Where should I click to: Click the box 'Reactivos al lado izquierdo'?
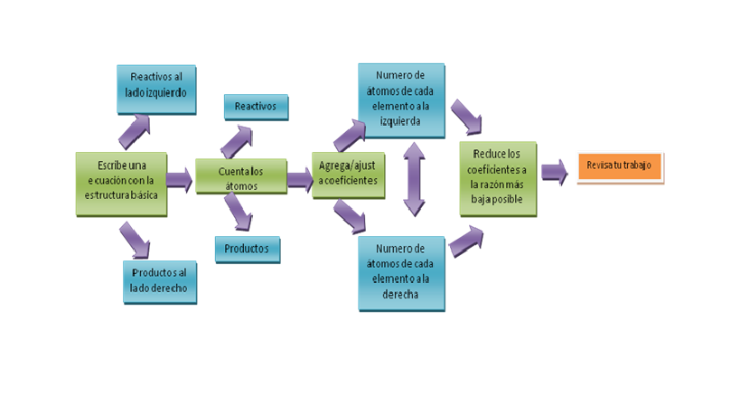click(156, 90)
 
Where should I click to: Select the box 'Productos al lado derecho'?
click(160, 282)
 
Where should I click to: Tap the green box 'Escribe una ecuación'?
click(121, 184)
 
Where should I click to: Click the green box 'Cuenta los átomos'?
click(241, 176)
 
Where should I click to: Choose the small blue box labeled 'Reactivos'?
click(257, 108)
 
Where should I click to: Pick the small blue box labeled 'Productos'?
click(248, 250)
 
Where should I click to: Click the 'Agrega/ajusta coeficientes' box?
click(348, 175)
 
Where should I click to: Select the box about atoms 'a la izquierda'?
click(401, 100)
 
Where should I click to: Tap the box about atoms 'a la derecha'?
click(401, 273)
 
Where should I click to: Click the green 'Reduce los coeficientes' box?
click(498, 179)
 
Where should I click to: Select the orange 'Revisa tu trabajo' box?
click(620, 166)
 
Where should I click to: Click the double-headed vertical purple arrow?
click(414, 179)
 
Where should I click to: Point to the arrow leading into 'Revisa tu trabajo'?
click(554, 172)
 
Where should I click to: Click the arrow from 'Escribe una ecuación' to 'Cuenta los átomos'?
click(179, 180)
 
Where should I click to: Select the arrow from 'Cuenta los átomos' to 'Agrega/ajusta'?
click(300, 180)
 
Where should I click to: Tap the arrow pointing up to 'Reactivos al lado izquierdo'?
click(135, 132)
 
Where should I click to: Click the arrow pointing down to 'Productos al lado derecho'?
click(135, 241)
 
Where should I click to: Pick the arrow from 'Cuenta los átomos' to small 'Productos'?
click(239, 212)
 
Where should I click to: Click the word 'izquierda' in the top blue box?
click(400, 121)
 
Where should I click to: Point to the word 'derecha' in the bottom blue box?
click(400, 295)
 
